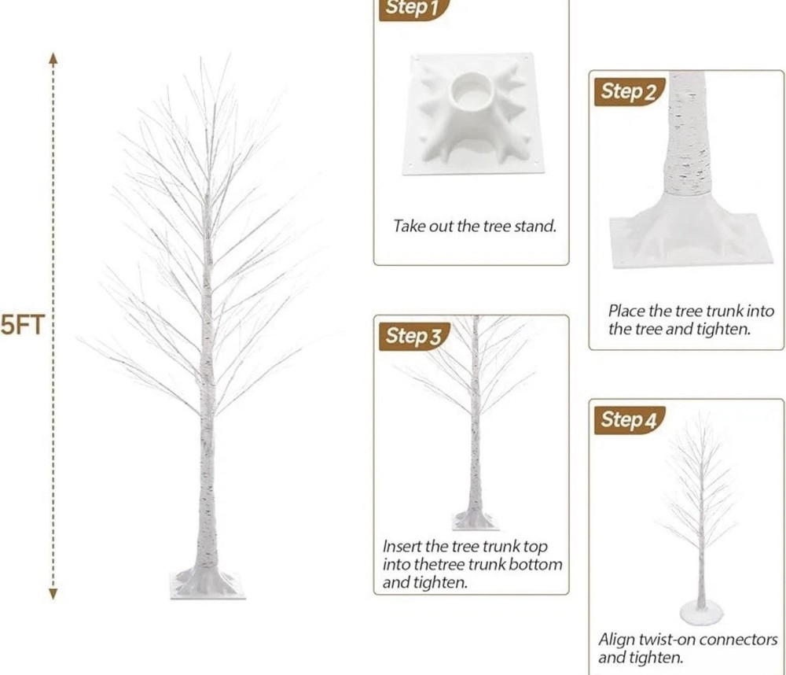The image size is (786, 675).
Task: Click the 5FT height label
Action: point(23,325)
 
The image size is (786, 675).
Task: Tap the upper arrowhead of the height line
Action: point(53,58)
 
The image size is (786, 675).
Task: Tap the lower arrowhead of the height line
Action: point(53,594)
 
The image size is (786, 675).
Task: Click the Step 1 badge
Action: point(413,9)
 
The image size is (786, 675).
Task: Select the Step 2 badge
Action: point(629,92)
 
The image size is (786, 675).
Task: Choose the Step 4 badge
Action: point(629,420)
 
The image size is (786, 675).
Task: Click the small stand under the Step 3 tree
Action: point(476,521)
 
